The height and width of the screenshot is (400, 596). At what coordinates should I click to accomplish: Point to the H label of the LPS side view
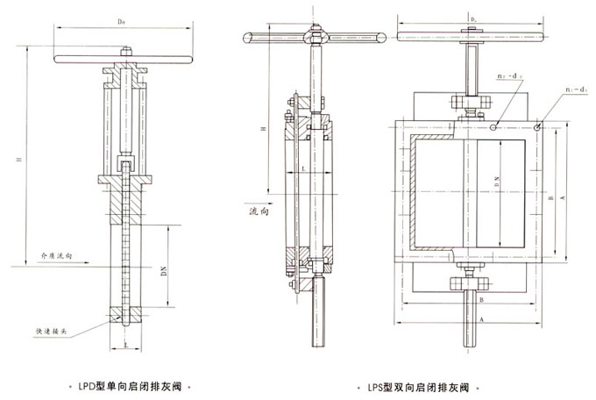pos(264,131)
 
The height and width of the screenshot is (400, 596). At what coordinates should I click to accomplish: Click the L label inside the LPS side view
pos(302,166)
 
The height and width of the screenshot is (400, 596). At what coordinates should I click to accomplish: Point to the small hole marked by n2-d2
pos(495,127)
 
